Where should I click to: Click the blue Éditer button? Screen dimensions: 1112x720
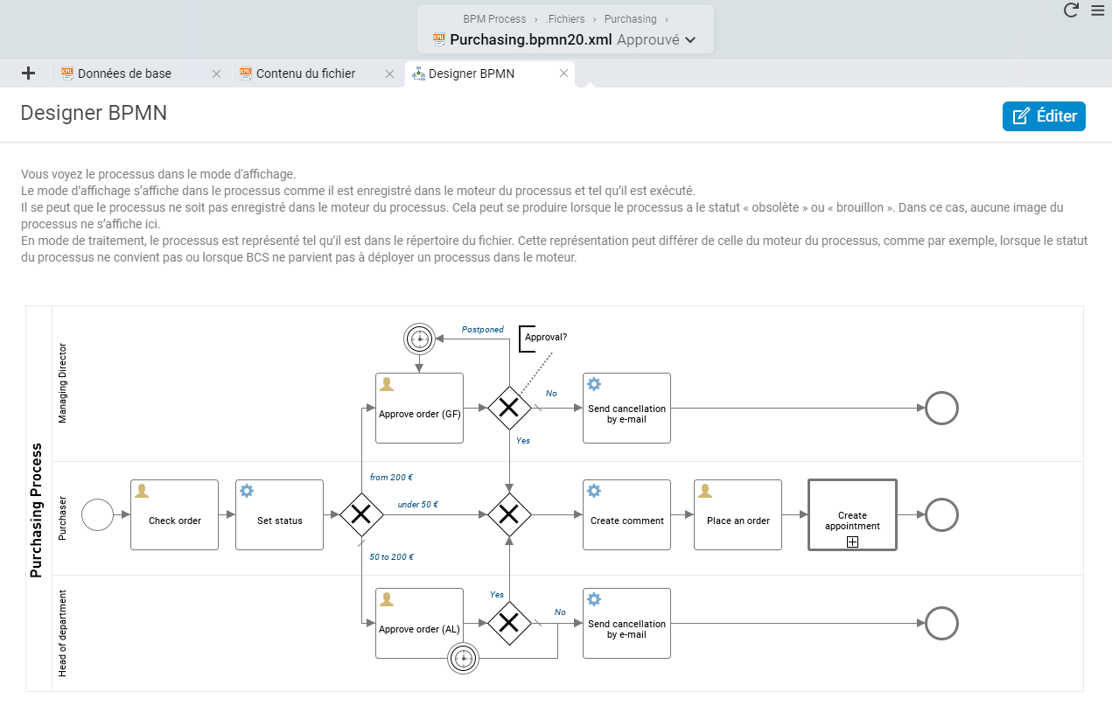click(1044, 116)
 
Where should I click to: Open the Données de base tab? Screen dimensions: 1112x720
click(124, 73)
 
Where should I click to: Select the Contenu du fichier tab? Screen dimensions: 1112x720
click(305, 73)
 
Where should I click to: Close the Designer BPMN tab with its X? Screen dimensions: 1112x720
click(563, 73)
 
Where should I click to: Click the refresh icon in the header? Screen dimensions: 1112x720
click(1071, 10)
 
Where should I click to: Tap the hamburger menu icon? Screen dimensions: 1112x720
click(1098, 10)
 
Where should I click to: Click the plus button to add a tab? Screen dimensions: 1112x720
click(28, 73)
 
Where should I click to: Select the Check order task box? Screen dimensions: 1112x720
click(174, 515)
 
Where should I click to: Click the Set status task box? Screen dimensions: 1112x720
click(279, 515)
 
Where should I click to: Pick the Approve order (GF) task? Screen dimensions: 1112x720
click(419, 409)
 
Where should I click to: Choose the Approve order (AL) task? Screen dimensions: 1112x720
click(419, 624)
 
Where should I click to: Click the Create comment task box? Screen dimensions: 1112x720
click(626, 515)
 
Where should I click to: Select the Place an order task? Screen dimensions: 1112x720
click(738, 515)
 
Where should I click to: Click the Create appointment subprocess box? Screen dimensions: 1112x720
click(852, 515)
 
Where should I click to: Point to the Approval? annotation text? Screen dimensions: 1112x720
click(546, 337)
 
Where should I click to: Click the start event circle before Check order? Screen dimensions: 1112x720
click(97, 515)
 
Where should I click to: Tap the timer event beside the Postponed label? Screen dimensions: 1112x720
click(419, 339)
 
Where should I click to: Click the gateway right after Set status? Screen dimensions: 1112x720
click(361, 515)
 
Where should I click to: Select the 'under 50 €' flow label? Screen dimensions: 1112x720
click(417, 505)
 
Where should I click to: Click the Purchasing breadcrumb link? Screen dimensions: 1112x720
click(630, 19)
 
